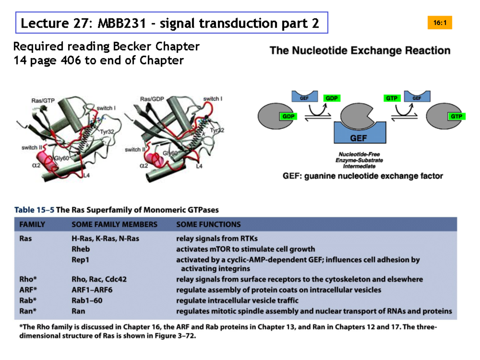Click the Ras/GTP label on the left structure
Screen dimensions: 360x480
tap(44, 101)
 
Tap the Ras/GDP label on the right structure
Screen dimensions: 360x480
tap(153, 99)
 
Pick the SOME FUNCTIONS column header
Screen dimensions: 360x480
tap(208, 224)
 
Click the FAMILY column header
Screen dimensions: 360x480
tap(32, 224)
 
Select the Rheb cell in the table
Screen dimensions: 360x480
tap(81, 249)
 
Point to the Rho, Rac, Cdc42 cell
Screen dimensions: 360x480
tap(99, 279)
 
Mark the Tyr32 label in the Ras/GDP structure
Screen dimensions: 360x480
tap(217, 130)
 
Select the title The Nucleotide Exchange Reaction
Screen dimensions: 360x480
tap(360, 51)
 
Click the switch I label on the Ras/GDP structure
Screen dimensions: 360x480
tap(213, 99)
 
